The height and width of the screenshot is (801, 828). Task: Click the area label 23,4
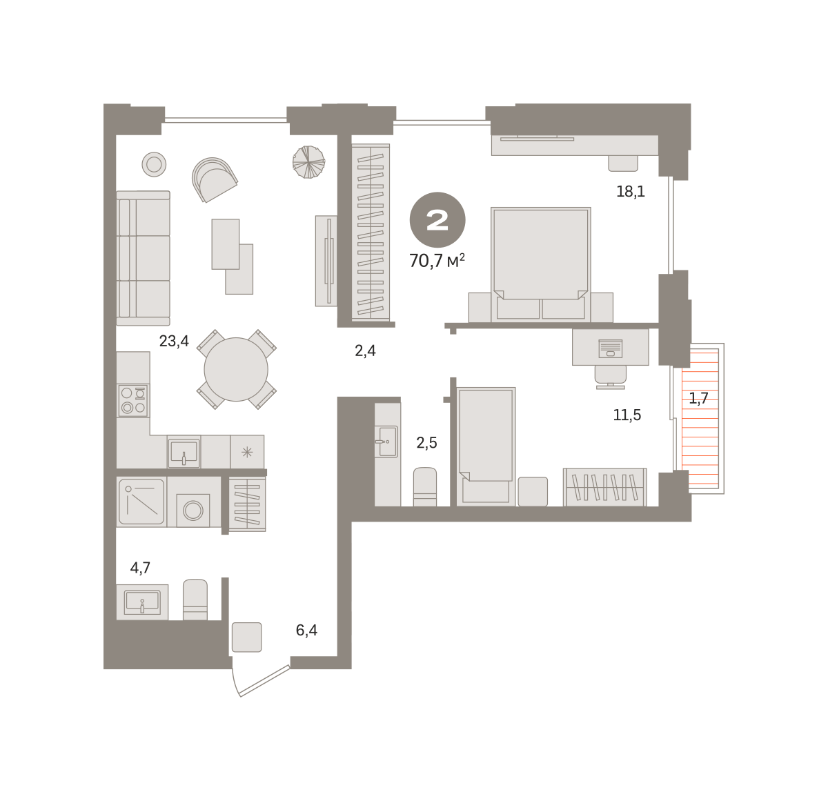pyautogui.click(x=174, y=341)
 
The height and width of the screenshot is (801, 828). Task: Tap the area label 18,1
pyautogui.click(x=630, y=191)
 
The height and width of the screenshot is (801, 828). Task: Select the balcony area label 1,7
pyautogui.click(x=698, y=397)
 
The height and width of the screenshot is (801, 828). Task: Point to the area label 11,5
pyautogui.click(x=627, y=415)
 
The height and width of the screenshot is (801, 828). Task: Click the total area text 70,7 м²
pyautogui.click(x=437, y=260)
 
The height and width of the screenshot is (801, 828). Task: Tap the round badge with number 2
pyautogui.click(x=437, y=220)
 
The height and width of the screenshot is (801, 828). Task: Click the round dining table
pyautogui.click(x=236, y=369)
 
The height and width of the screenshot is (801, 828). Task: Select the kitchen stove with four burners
pyautogui.click(x=133, y=400)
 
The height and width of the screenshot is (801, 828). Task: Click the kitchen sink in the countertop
pyautogui.click(x=184, y=451)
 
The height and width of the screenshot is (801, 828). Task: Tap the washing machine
pyautogui.click(x=193, y=510)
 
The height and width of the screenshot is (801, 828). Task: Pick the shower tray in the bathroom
pyautogui.click(x=141, y=502)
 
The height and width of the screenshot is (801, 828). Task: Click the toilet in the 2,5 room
pyautogui.click(x=424, y=486)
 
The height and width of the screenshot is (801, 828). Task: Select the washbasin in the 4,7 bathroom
pyautogui.click(x=142, y=602)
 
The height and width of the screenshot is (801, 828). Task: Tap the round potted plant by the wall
pyautogui.click(x=308, y=162)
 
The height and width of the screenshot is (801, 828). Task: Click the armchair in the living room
pyautogui.click(x=214, y=179)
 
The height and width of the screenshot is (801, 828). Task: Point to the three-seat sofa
pyautogui.click(x=144, y=258)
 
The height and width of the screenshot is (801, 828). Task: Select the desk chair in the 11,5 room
pyautogui.click(x=610, y=377)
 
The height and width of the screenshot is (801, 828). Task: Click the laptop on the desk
pyautogui.click(x=610, y=348)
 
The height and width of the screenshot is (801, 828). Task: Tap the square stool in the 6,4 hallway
pyautogui.click(x=247, y=637)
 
